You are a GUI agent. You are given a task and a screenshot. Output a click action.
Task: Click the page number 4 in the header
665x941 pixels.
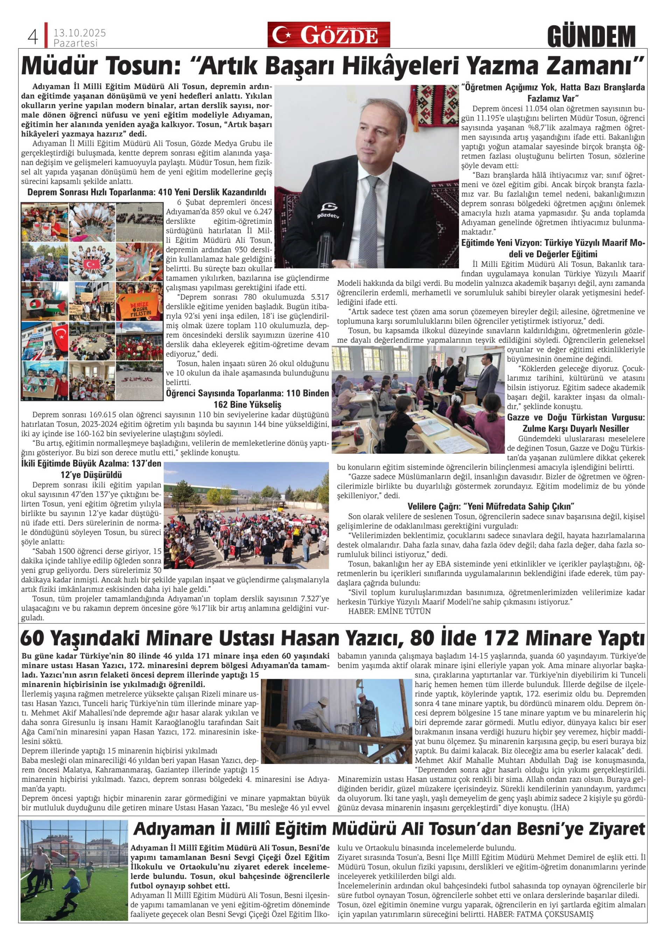(x=33, y=38)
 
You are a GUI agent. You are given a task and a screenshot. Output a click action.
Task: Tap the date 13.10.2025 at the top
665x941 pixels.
(x=79, y=33)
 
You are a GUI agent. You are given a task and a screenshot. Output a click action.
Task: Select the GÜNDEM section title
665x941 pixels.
(x=591, y=36)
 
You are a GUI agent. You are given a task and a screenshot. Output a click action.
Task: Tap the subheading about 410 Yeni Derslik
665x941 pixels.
(x=147, y=192)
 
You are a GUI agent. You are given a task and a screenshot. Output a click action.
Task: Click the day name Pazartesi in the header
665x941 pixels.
(x=76, y=43)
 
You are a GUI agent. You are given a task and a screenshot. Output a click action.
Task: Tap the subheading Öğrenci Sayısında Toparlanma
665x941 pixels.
(x=247, y=399)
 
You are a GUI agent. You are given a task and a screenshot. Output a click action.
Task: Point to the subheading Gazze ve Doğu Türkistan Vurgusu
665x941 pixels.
(x=576, y=423)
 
